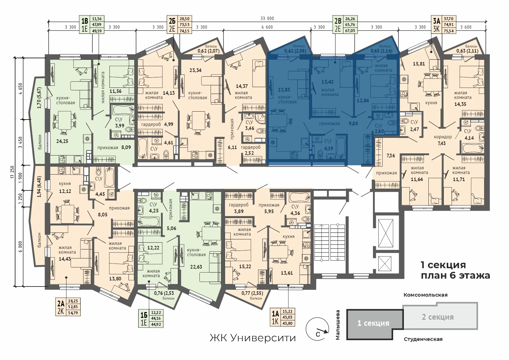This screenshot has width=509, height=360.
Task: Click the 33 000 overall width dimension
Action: coord(267,18)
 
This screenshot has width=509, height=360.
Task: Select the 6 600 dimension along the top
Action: coord(267,27)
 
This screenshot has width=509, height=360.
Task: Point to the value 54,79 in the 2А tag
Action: coord(73,313)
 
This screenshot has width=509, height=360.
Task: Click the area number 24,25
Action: coord(62,141)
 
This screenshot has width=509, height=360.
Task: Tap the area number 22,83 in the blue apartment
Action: coord(284,90)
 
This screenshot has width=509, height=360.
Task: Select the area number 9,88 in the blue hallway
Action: coord(353,123)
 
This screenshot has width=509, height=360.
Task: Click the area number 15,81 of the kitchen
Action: coord(419,64)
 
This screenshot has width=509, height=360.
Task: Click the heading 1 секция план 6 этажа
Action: coord(455,270)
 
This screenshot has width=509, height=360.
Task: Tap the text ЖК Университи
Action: coord(253,338)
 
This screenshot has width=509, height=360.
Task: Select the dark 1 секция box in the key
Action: coord(374,324)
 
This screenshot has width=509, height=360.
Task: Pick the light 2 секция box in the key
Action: coord(440,316)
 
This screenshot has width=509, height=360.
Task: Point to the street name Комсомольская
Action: coord(425,295)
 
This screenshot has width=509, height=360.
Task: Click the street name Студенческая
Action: coord(423,339)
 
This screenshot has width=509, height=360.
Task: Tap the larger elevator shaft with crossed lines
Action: coord(386,233)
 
